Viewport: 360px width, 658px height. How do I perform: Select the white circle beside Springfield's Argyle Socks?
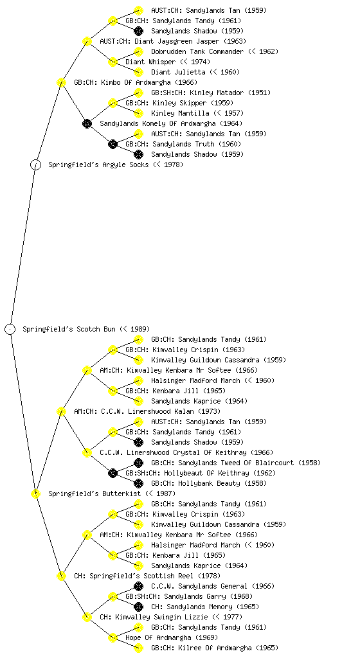(35, 164)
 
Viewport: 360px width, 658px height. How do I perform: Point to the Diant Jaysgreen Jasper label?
(177, 41)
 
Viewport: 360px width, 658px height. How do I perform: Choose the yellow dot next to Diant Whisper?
(113, 62)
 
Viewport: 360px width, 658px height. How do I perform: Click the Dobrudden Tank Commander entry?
(197, 51)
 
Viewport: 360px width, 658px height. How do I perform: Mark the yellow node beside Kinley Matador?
(138, 93)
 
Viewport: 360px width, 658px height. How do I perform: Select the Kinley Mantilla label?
(180, 113)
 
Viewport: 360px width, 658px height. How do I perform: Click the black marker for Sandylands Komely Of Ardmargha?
(87, 123)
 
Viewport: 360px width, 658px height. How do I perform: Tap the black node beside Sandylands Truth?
(113, 144)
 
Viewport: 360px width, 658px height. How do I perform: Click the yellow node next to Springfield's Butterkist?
(35, 493)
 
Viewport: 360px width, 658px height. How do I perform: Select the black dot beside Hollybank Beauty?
(138, 483)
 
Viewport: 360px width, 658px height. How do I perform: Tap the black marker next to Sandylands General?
(138, 586)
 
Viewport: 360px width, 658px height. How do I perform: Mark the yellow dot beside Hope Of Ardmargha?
(113, 637)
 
